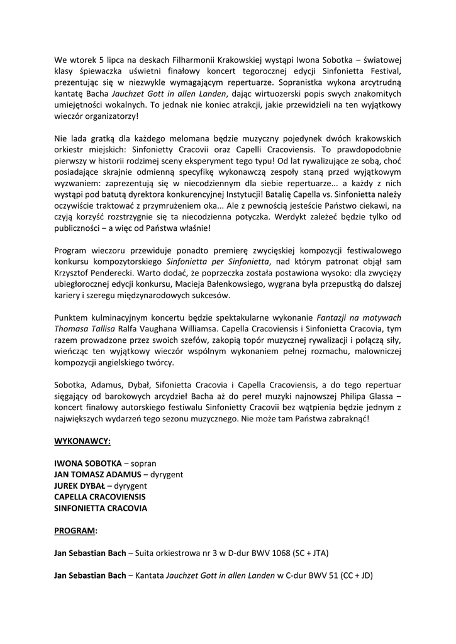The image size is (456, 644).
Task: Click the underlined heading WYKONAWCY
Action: (x=82, y=441)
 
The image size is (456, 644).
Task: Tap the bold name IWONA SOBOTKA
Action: (x=88, y=463)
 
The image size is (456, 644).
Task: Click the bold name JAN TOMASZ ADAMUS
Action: (x=97, y=474)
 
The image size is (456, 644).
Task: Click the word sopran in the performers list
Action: (x=143, y=463)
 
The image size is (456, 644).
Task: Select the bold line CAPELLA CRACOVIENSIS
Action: (x=99, y=497)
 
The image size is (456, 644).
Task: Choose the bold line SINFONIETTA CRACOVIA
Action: (x=101, y=508)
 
